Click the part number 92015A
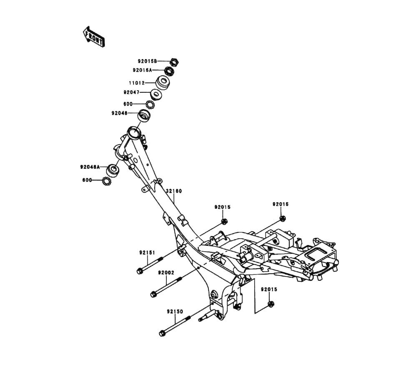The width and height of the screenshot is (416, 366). point(143,70)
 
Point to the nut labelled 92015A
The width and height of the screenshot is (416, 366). point(169,71)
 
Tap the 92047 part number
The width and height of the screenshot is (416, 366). point(131,92)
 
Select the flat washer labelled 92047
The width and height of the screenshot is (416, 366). point(156,94)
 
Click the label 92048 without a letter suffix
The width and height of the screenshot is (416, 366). point(119,113)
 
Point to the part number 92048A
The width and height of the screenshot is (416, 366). point(90,167)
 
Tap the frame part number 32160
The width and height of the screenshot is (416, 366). point(174,191)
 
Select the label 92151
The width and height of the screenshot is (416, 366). point(147,252)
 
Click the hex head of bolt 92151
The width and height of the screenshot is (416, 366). point(140,271)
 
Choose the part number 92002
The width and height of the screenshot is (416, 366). point(166,273)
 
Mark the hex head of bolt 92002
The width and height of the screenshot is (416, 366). point(154,294)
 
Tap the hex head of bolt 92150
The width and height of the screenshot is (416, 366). point(162,333)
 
